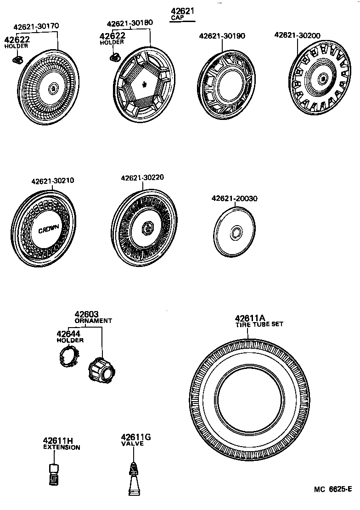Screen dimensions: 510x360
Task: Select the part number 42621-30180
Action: [130, 23]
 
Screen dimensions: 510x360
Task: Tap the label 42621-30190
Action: [222, 36]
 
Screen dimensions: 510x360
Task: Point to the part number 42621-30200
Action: [298, 35]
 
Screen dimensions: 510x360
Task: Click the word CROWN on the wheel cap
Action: [48, 230]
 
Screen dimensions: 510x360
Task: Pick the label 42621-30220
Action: [143, 178]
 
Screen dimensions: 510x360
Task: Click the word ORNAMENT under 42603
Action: [93, 321]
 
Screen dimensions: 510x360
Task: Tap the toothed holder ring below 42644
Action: [69, 357]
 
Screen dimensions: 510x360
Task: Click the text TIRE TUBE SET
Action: [259, 324]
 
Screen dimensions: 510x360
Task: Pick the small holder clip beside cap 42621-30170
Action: [18, 59]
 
